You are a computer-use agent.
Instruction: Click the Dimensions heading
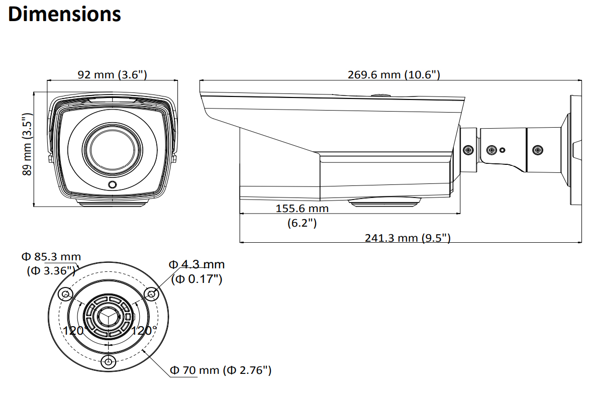65,14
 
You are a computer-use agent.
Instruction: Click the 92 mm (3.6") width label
112,75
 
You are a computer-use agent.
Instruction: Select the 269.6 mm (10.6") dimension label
394,75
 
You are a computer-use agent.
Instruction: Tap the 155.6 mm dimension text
302,208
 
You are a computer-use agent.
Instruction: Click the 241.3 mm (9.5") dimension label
408,238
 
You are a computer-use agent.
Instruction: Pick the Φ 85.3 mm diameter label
51,257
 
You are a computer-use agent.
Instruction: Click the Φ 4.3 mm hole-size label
196,265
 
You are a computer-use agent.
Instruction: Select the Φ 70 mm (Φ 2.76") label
221,370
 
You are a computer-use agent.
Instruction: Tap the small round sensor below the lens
113,185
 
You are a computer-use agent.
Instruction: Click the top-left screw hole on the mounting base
64,294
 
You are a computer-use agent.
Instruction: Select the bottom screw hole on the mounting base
108,362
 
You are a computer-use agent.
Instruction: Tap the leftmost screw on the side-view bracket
468,150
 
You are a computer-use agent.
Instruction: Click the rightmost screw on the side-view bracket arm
538,150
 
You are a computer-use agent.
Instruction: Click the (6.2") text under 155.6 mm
302,223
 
